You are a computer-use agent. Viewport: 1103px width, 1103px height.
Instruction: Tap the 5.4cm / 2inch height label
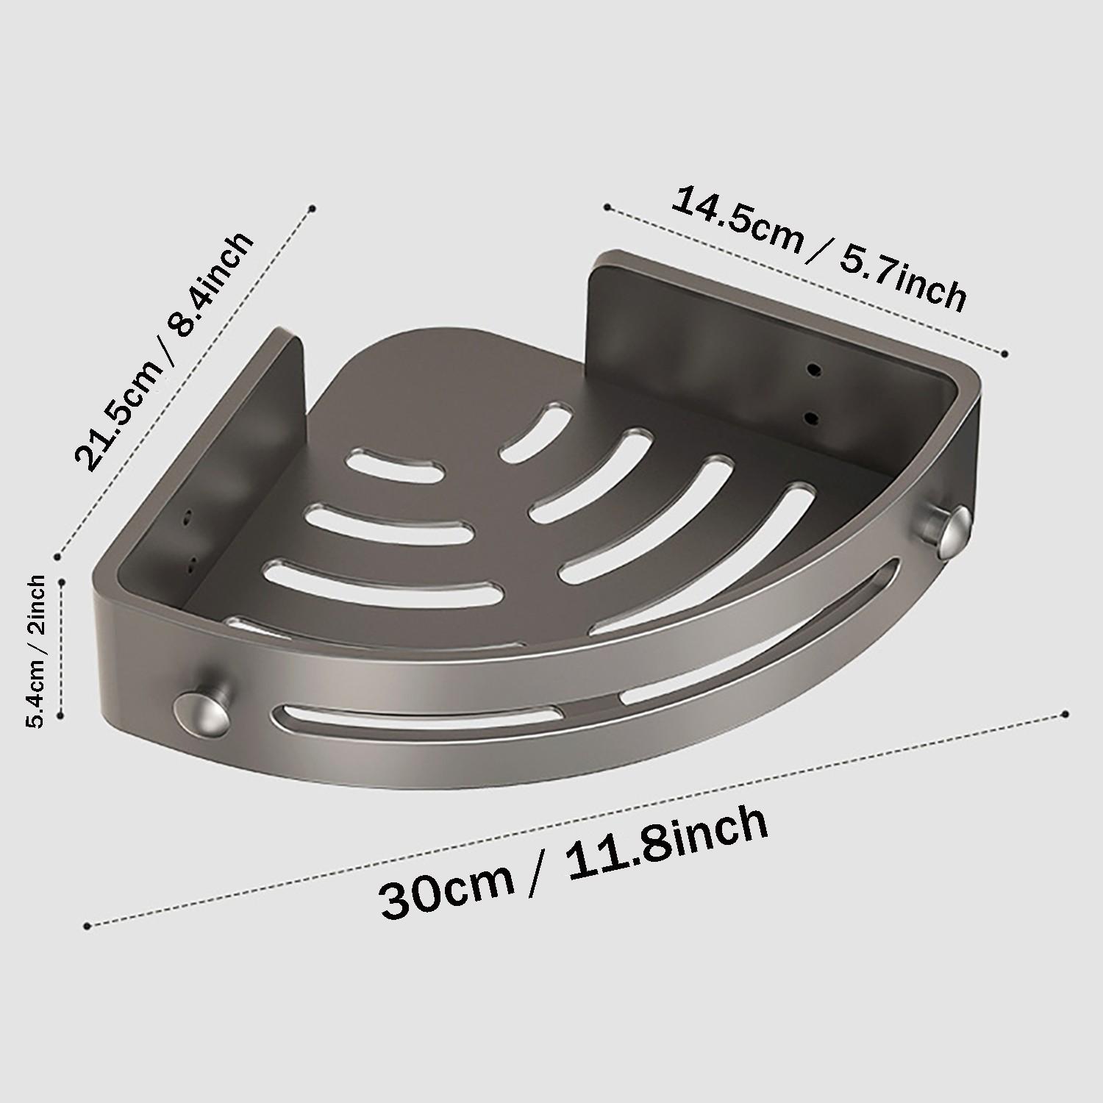[x=37, y=652]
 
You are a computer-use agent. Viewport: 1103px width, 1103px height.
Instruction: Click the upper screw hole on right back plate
[x=813, y=368]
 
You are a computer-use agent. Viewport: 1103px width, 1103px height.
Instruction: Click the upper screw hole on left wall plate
[x=188, y=517]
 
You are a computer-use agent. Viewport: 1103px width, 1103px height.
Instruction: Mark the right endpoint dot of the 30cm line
[x=1065, y=714]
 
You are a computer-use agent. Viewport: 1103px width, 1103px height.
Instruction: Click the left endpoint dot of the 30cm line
[x=88, y=925]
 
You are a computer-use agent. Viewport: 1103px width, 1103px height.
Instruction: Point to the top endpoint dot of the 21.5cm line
[x=313, y=209]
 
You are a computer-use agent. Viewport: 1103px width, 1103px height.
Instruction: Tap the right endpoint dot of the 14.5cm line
[x=1005, y=354]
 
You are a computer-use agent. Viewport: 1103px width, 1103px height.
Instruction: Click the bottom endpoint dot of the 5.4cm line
[x=62, y=713]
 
